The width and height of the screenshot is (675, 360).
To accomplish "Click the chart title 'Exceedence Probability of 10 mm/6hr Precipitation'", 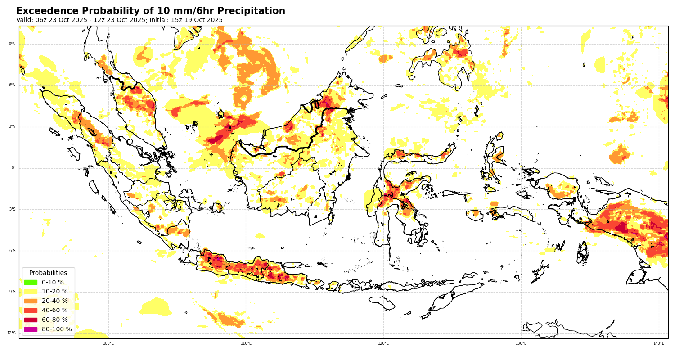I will [x=151, y=11].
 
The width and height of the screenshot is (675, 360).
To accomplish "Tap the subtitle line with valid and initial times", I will [x=119, y=20].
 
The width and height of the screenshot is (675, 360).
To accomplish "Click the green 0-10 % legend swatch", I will [x=31, y=282].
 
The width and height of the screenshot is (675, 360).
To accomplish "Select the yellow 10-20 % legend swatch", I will [x=31, y=292].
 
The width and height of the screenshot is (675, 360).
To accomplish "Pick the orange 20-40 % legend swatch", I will [x=31, y=301].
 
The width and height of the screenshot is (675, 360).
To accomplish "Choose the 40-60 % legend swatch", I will [x=31, y=310].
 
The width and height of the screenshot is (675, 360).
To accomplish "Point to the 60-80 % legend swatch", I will [x=31, y=320].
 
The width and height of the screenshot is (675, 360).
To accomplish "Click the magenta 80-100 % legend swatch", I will [x=31, y=329].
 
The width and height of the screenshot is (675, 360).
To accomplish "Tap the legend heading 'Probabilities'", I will [x=48, y=273].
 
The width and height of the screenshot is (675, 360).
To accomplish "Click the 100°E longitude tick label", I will [x=108, y=343].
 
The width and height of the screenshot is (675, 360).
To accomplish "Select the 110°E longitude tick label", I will [x=246, y=343].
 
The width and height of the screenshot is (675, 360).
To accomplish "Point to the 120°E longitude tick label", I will [x=383, y=343].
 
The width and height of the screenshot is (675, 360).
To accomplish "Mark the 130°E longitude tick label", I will [x=521, y=343].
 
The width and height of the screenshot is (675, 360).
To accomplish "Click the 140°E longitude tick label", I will [x=658, y=343].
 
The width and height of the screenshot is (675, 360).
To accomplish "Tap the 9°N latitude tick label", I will [x=12, y=44].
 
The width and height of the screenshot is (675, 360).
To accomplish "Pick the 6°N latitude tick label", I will [x=12, y=85].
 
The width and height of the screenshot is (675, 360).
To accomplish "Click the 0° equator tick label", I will [x=13, y=168].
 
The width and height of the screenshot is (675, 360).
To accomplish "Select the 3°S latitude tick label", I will [x=12, y=209].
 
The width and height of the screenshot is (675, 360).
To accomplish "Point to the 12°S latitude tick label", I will [x=11, y=333].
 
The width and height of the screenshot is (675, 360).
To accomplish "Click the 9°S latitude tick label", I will [x=12, y=292].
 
